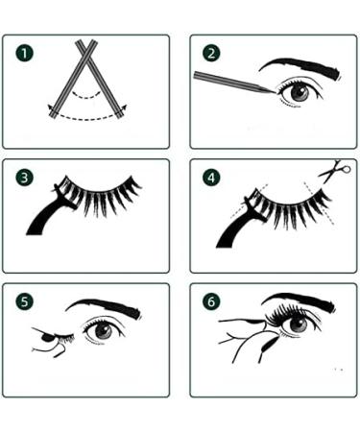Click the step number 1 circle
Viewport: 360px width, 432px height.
click(24, 53)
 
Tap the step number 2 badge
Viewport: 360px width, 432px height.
click(211, 53)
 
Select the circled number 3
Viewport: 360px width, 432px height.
click(24, 178)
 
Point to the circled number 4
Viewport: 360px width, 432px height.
click(211, 178)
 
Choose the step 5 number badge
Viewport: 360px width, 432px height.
click(24, 301)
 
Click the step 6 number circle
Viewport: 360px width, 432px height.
click(211, 301)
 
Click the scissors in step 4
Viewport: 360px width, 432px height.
click(334, 172)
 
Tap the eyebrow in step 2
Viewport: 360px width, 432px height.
click(300, 66)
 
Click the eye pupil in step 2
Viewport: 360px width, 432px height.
click(300, 93)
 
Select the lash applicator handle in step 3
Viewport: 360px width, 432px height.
click(48, 214)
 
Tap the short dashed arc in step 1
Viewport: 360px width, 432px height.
click(85, 95)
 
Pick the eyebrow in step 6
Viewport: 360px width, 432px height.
click(300, 300)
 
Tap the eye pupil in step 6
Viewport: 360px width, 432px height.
click(299, 324)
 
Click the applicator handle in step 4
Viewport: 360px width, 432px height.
click(237, 228)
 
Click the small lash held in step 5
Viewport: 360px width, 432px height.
click(65, 338)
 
